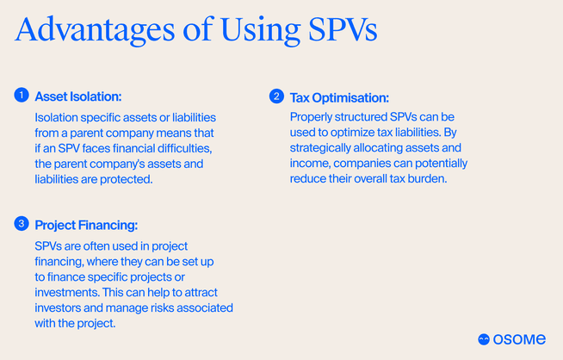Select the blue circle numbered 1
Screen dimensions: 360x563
tap(21, 96)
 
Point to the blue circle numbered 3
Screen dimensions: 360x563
tap(21, 225)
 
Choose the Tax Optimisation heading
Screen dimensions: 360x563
tap(339, 97)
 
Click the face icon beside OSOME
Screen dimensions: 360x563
tap(485, 338)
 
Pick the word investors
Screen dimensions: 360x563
tap(61, 307)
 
